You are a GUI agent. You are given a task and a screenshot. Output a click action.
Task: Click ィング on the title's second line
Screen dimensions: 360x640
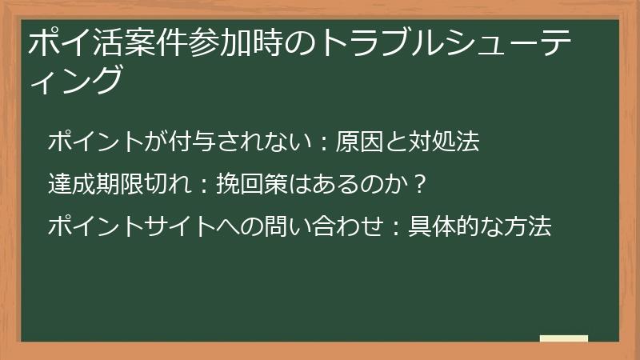(77, 81)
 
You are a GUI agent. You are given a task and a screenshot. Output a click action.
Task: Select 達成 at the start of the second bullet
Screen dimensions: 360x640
(70, 185)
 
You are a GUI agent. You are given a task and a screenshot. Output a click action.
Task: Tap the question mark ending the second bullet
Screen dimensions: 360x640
(421, 185)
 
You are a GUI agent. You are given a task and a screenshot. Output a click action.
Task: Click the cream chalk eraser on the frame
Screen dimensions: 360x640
(563, 338)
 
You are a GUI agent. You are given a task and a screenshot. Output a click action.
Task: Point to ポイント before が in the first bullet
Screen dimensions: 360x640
(93, 142)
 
